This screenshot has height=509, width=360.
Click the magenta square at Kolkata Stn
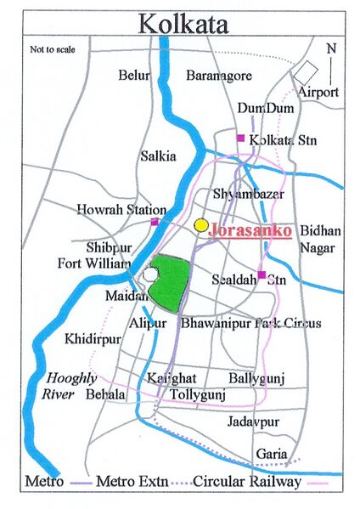pos(240,137)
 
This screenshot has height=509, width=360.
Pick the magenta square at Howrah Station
pos(155,222)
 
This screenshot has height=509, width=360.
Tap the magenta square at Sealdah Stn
pos(262,274)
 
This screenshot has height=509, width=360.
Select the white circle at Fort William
pos(150,274)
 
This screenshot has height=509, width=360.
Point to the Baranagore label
pos(219,76)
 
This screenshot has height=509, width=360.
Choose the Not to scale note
pos(53,50)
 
